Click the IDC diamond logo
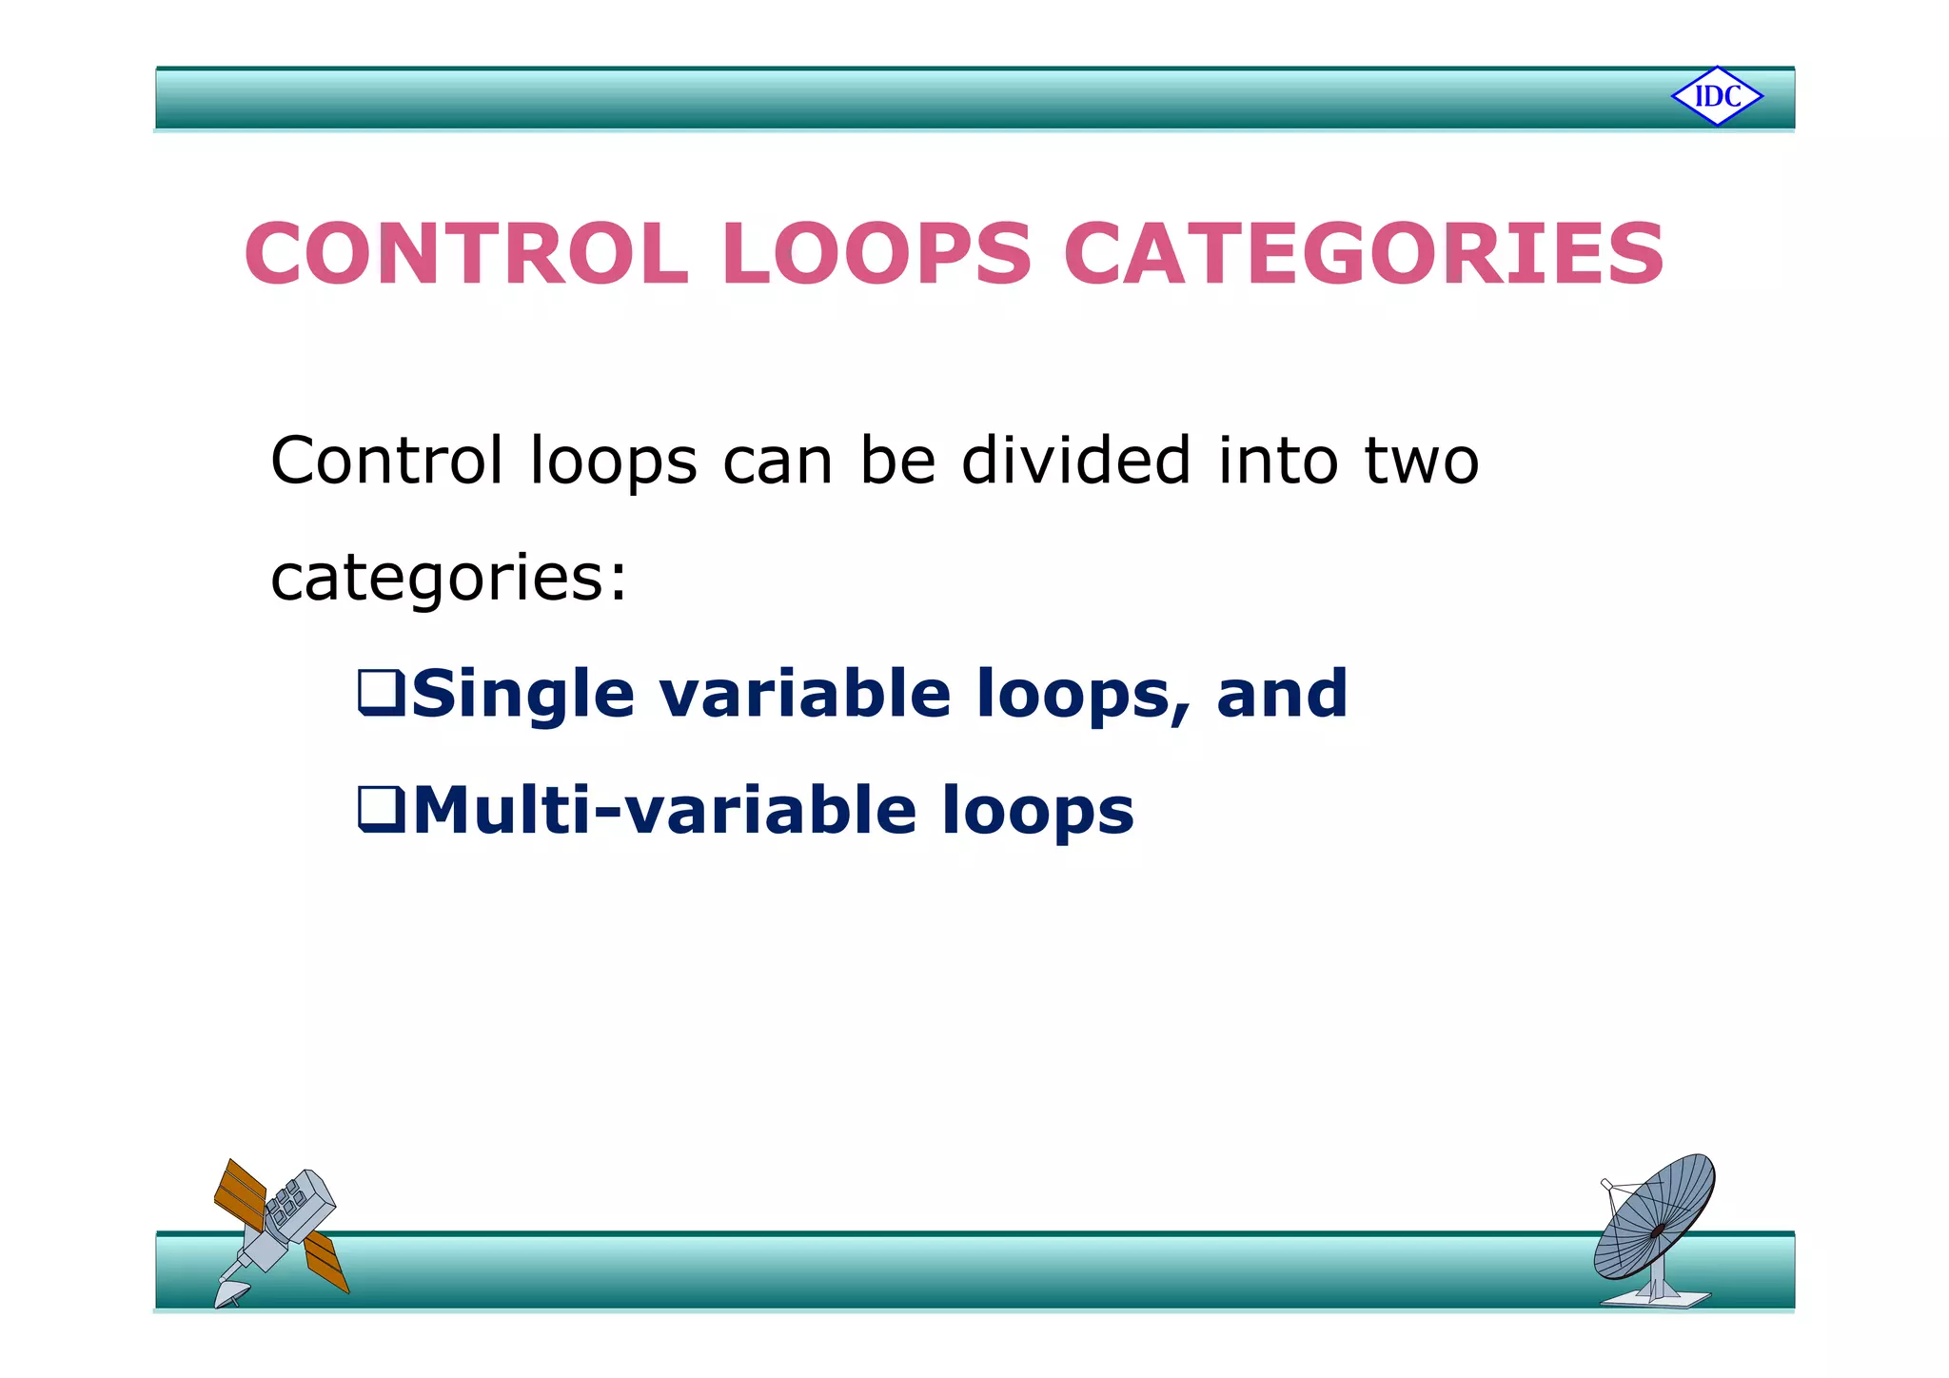tap(1717, 96)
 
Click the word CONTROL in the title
tap(466, 254)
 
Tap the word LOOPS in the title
tap(876, 254)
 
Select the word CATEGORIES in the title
tap(1363, 254)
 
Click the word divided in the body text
tap(1075, 461)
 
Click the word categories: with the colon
tap(449, 579)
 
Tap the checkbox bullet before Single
tap(381, 693)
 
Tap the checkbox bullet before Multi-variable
tap(381, 809)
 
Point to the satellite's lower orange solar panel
tap(325, 1261)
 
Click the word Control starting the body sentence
tap(386, 461)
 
